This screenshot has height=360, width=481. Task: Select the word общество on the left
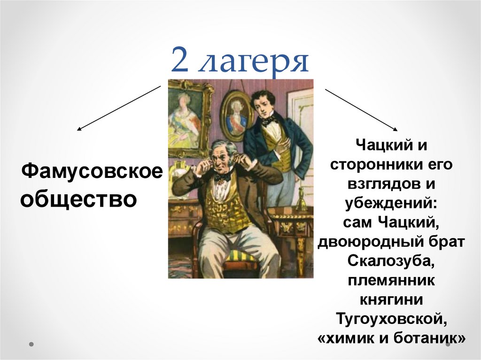pos(78,199)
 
